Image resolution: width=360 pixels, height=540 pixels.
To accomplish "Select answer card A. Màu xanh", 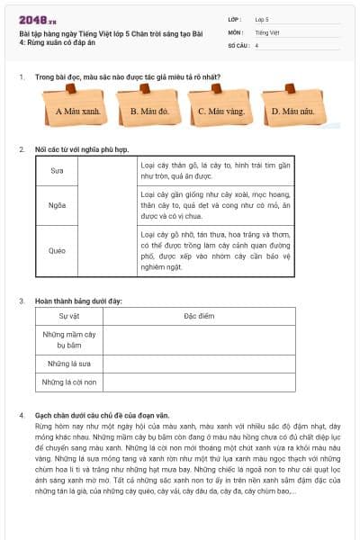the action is point(77,112).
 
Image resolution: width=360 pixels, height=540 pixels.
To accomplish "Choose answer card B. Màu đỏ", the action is point(149,112).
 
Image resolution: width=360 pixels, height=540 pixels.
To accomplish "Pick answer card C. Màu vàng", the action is point(220,112).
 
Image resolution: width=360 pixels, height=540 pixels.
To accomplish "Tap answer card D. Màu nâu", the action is point(293,112).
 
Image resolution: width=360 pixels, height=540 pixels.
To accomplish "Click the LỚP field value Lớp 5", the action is point(262,18).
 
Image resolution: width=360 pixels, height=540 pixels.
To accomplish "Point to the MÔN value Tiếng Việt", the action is point(265,31).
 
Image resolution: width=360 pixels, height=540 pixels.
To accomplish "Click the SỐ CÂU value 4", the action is point(256,45).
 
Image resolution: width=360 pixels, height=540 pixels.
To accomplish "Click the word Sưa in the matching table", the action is point(57,170).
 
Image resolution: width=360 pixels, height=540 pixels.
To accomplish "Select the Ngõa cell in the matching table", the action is point(57,204).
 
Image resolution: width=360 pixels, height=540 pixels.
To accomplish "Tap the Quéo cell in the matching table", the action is point(57,250).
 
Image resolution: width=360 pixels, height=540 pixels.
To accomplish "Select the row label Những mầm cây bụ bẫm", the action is point(69,339).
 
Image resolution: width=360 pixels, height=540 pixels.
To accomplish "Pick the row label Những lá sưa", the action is point(69,364).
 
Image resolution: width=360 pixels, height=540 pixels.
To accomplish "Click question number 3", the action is point(21,300).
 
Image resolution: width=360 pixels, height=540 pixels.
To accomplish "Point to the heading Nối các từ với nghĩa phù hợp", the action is point(83,148).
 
